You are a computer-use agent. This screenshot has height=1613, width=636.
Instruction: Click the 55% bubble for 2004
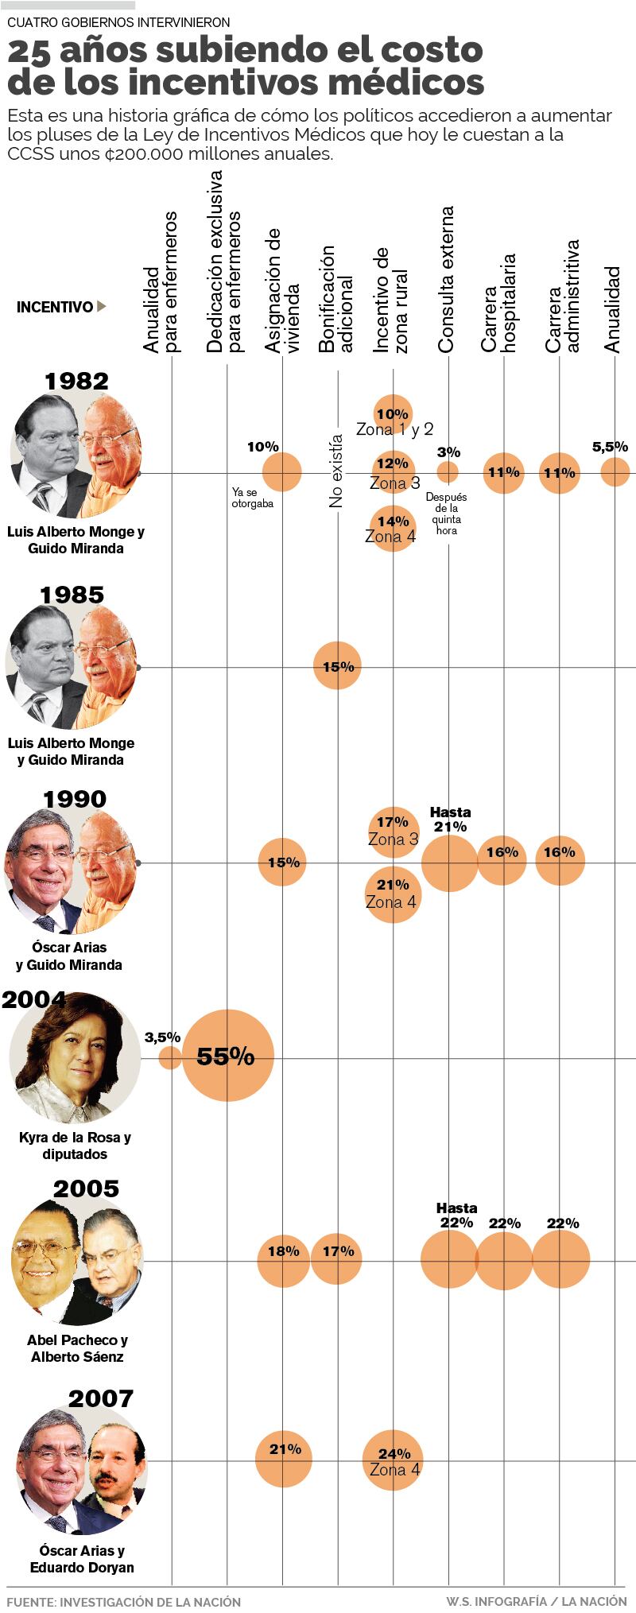227,1056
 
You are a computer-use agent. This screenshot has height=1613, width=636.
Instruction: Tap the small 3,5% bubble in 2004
169,1057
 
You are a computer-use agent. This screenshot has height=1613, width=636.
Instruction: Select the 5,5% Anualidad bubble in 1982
615,472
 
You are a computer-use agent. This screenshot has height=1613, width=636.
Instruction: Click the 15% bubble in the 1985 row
337,666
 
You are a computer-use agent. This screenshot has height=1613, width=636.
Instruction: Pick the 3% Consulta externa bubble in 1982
448,472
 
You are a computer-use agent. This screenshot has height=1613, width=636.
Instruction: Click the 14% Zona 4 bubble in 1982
393,528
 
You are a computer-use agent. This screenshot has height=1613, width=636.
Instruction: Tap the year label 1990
76,799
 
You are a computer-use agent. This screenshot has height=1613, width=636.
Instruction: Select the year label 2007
100,1398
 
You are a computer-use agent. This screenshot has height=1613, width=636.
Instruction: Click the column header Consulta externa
447,280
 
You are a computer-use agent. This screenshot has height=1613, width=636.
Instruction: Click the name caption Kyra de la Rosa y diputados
75,1146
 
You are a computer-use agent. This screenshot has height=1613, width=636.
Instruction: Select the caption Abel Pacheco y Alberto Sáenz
77,1348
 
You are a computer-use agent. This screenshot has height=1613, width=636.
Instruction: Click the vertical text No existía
336,471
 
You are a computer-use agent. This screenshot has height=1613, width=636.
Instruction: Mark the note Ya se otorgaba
252,498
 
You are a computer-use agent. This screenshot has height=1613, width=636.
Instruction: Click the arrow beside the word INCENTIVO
102,306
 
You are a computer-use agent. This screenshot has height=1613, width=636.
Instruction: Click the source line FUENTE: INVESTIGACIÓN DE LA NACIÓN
123,1601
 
